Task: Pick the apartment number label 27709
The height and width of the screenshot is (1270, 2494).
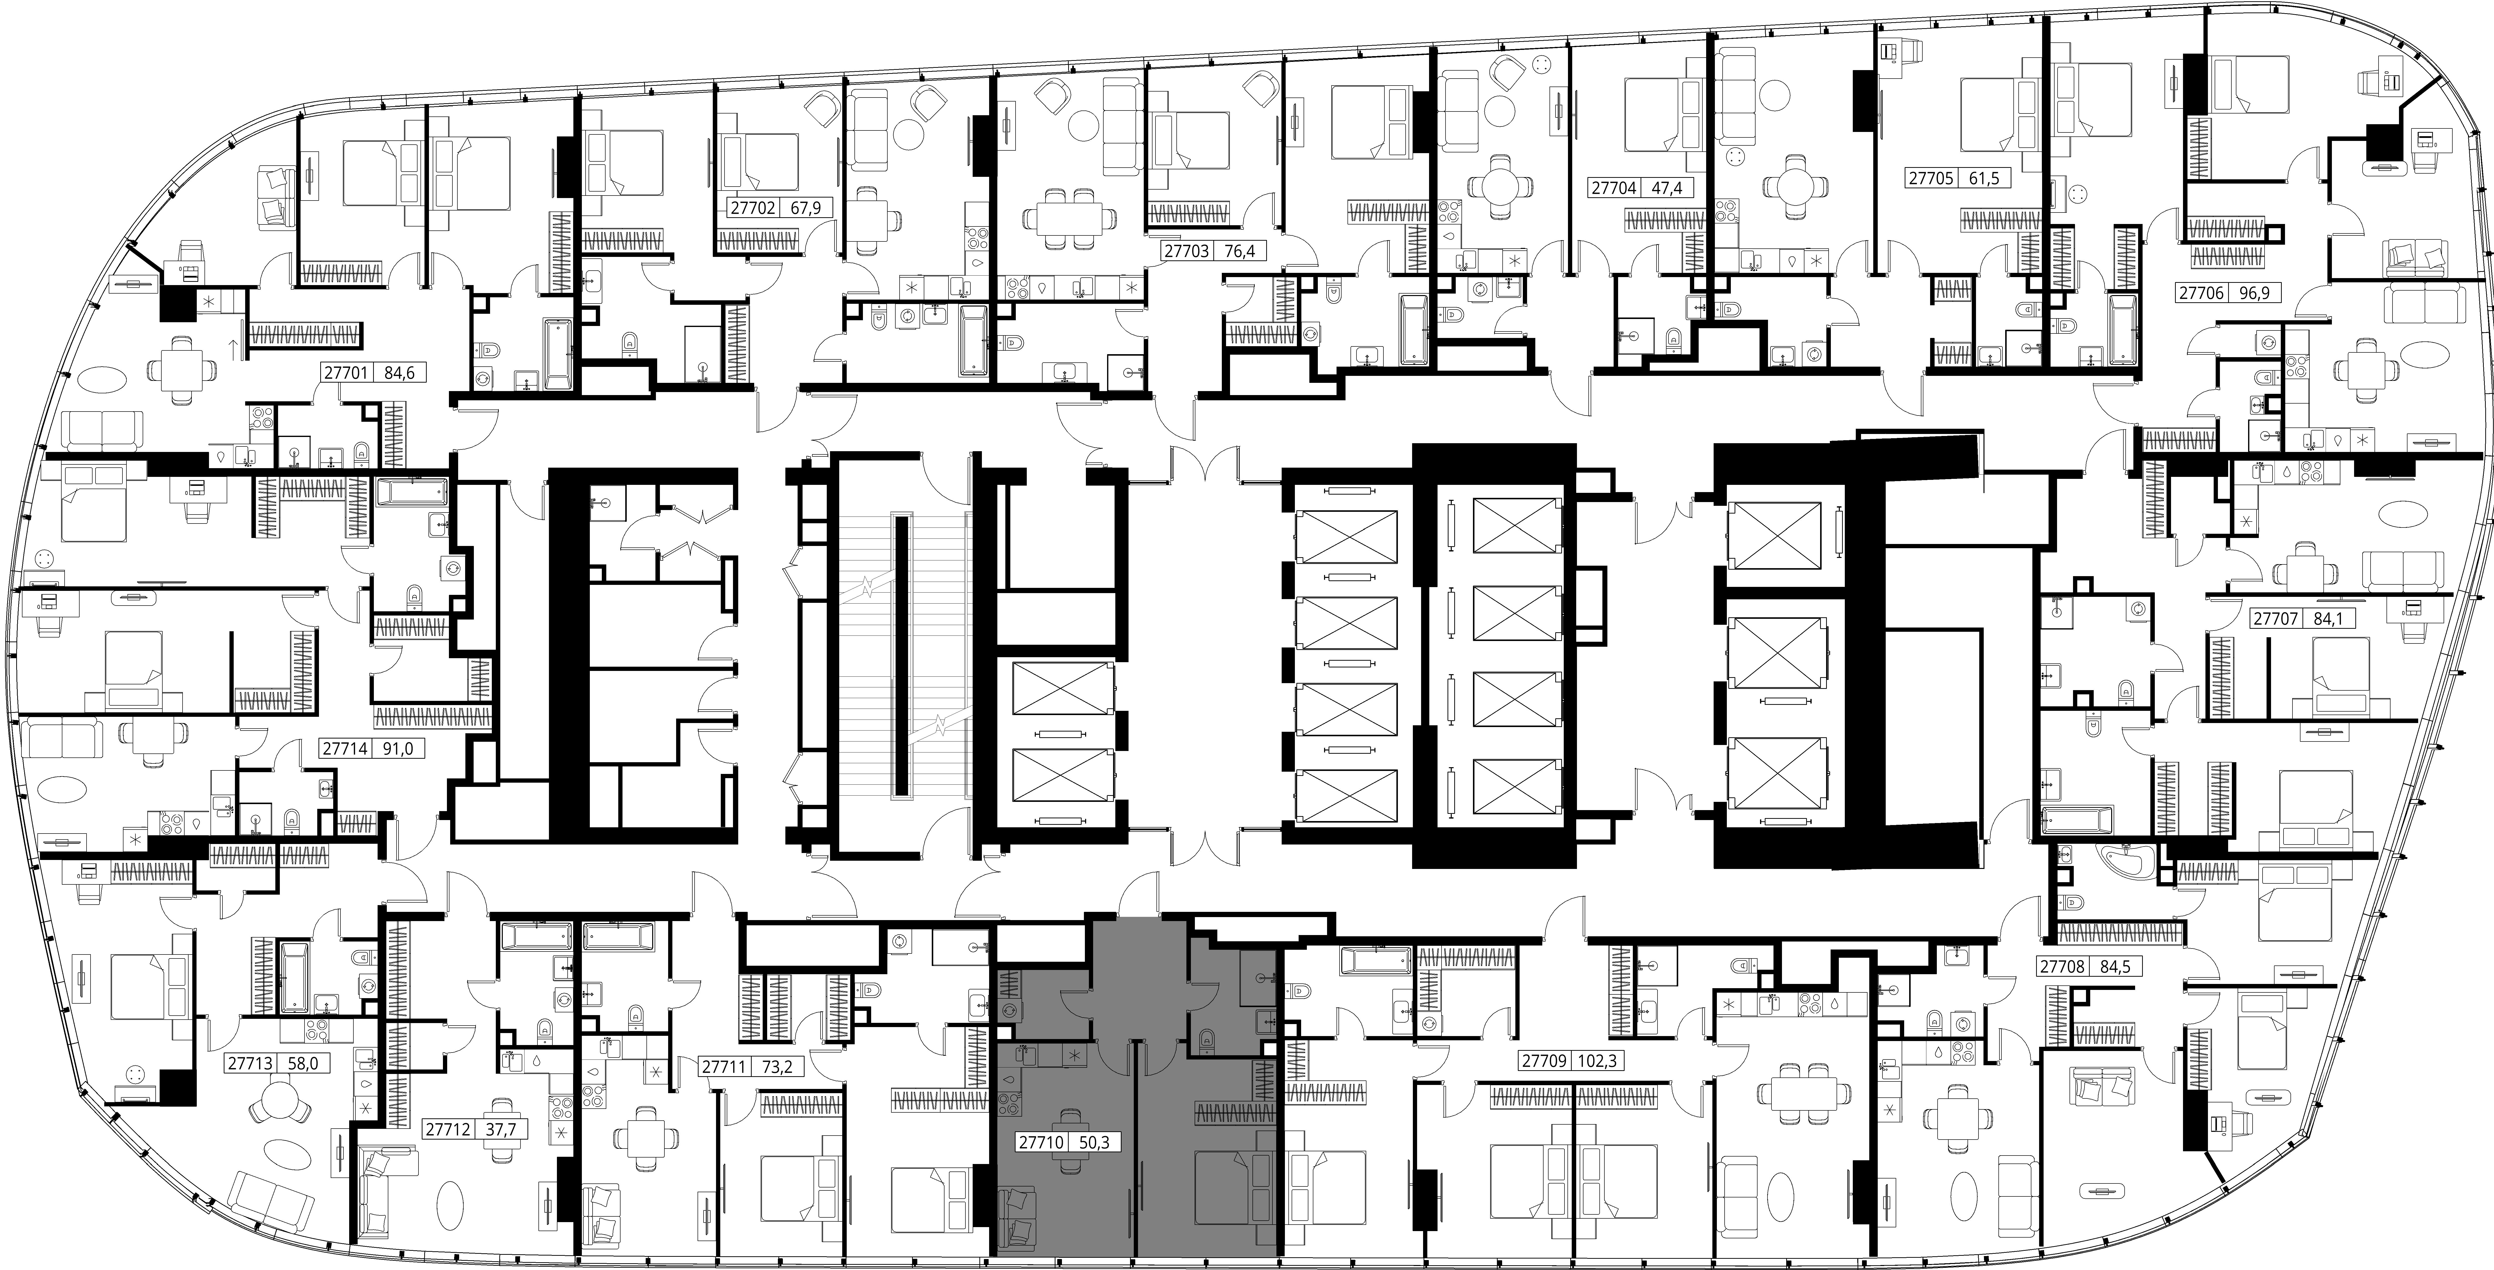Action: coord(1543,1061)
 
